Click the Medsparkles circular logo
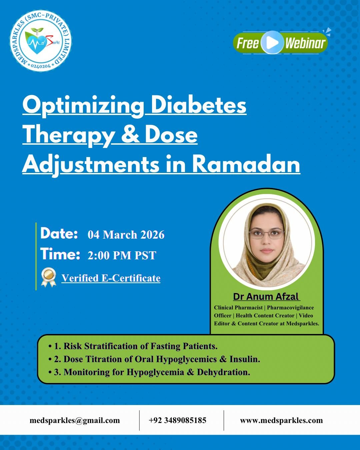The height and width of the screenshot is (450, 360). tap(41, 41)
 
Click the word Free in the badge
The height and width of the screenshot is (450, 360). tap(248, 43)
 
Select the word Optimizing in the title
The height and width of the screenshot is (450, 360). tap(83, 105)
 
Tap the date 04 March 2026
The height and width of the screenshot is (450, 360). tap(126, 235)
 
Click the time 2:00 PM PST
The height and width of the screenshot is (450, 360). tap(122, 255)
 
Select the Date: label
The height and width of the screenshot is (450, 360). tap(59, 233)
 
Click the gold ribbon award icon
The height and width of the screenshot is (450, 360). tap(48, 277)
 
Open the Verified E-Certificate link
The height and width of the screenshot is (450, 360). tap(111, 278)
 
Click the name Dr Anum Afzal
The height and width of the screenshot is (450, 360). tap(266, 296)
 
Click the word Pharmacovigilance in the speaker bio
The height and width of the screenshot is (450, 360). tap(290, 307)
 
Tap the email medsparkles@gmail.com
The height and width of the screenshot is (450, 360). tap(75, 420)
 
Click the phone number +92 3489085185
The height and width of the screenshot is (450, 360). tap(177, 420)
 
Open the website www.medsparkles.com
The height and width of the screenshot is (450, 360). tap(281, 420)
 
